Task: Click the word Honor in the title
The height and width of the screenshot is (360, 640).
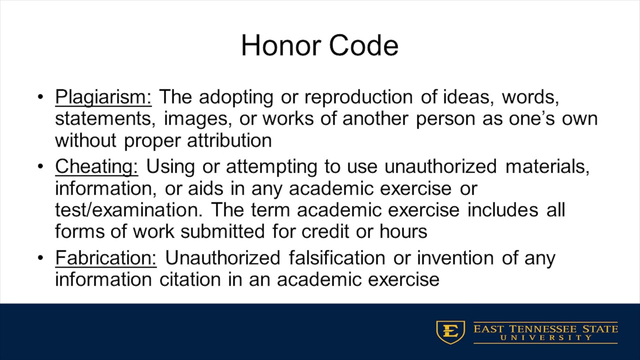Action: (x=280, y=45)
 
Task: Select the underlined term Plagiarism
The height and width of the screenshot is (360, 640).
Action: (x=103, y=97)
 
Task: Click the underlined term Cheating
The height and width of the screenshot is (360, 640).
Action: (x=96, y=167)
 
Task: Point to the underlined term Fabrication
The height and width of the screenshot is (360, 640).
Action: (x=105, y=258)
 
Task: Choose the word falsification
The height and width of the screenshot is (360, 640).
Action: (x=336, y=258)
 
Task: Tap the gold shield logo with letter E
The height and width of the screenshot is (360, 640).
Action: (x=450, y=332)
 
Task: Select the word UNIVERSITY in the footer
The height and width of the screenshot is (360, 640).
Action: (x=545, y=338)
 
